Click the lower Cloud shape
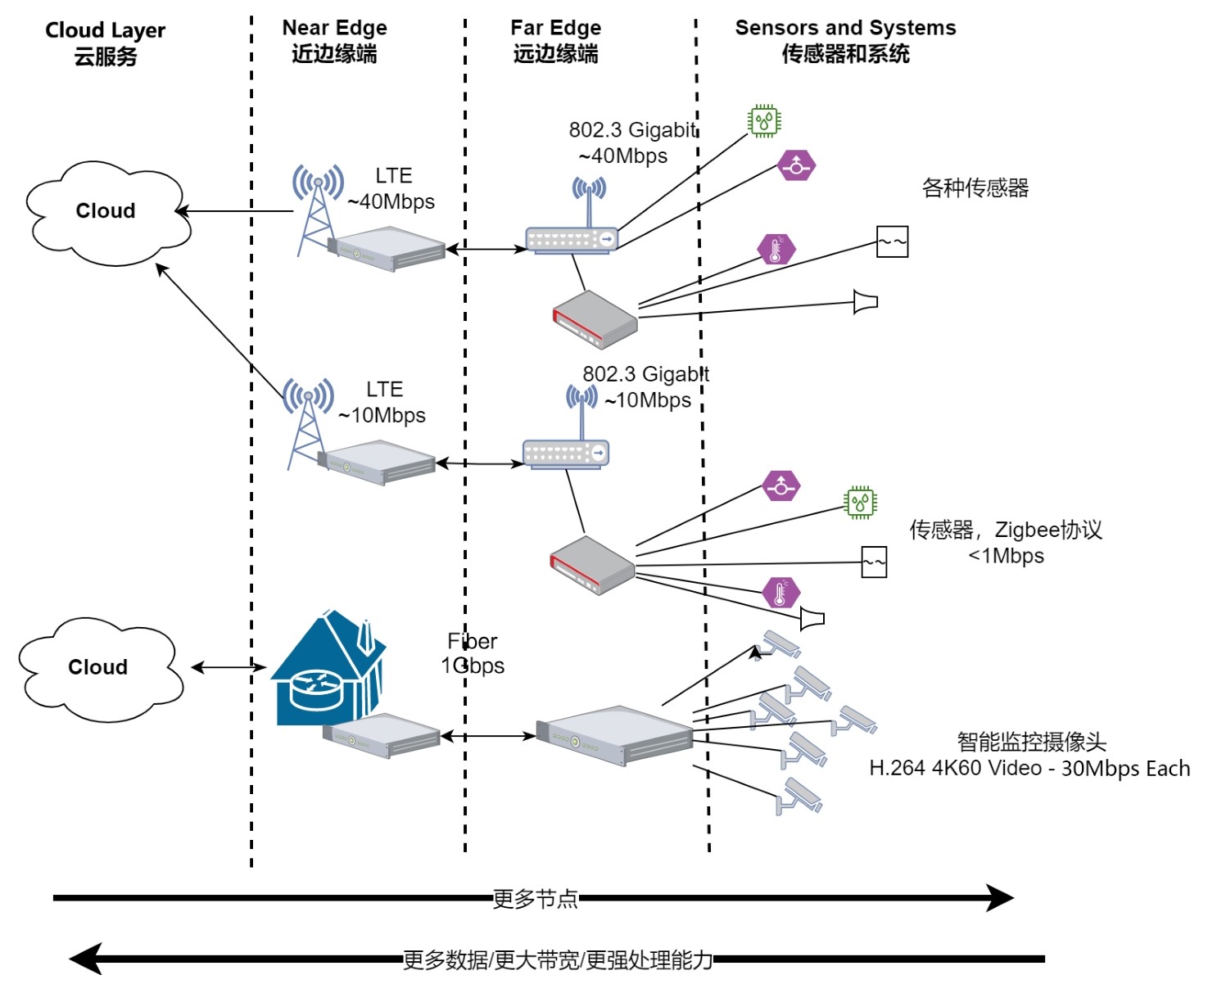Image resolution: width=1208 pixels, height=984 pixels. pos(98,668)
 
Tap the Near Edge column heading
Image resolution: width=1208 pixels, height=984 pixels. pos(334,41)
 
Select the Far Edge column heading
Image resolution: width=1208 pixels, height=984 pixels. pos(555,41)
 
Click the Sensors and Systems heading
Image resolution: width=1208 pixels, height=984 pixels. pos(845,41)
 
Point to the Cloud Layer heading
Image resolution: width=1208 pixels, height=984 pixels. pos(105,43)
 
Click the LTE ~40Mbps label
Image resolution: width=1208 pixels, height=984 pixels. pos(392,189)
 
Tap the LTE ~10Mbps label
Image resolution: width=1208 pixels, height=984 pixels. pos(382,403)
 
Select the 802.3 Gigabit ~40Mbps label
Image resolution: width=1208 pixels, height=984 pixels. pos(631,143)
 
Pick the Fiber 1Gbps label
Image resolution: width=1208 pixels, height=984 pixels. pos(473,653)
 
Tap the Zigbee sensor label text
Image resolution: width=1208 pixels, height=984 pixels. pos(1006,543)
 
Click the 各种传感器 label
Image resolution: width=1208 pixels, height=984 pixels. pos(975,188)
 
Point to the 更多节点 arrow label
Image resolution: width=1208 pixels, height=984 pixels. pos(535,899)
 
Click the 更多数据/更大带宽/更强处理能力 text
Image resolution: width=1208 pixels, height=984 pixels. pos(558,959)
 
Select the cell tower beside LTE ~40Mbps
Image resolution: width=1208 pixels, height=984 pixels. pos(316,209)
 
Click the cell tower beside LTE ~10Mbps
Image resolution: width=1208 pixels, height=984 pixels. pos(307,422)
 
